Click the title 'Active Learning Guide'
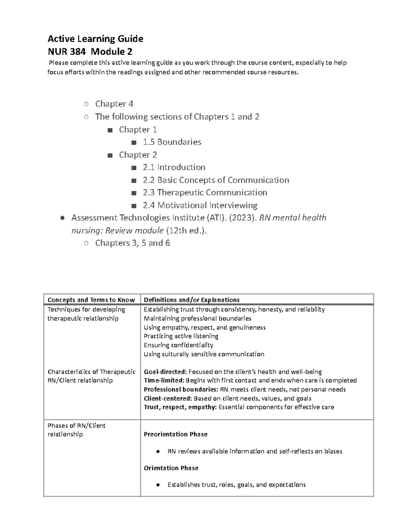click(x=95, y=39)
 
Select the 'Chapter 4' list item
click(x=114, y=104)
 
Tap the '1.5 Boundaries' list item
click(x=172, y=142)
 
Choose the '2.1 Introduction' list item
click(x=174, y=167)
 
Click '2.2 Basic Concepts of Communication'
click(x=216, y=180)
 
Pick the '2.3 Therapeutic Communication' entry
click(x=205, y=193)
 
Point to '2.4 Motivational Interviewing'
click(x=200, y=205)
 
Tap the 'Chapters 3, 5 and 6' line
click(x=132, y=243)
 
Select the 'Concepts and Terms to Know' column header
click(x=91, y=300)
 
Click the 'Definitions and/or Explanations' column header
click(x=191, y=300)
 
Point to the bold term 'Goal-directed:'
click(x=165, y=372)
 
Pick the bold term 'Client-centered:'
click(x=168, y=398)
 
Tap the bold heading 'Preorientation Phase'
click(x=175, y=434)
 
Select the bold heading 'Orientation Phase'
click(x=171, y=468)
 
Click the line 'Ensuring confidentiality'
click(x=178, y=345)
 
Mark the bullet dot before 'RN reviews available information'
click(x=158, y=452)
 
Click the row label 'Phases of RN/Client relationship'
click(x=76, y=430)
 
